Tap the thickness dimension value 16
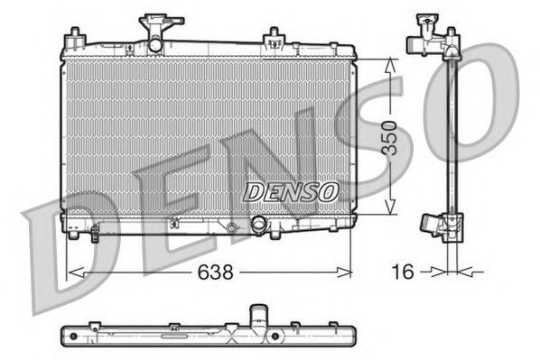(406, 270)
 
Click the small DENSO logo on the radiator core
(292, 191)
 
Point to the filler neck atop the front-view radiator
(155, 37)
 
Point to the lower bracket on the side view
(433, 225)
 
